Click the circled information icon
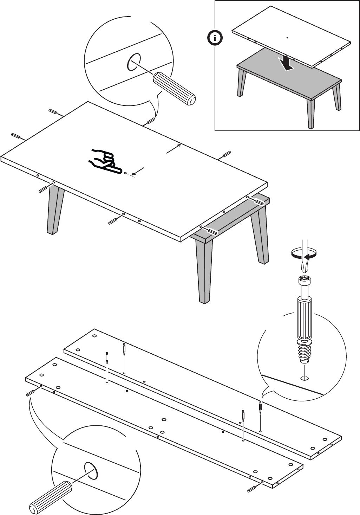pyautogui.click(x=215, y=38)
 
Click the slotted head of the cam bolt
pyautogui.click(x=305, y=281)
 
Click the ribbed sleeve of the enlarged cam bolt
pyautogui.click(x=304, y=318)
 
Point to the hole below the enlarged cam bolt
pyautogui.click(x=305, y=378)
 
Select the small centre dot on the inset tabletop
pyautogui.click(x=287, y=38)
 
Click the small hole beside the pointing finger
pyautogui.click(x=126, y=172)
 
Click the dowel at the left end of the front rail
pyautogui.click(x=30, y=392)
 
